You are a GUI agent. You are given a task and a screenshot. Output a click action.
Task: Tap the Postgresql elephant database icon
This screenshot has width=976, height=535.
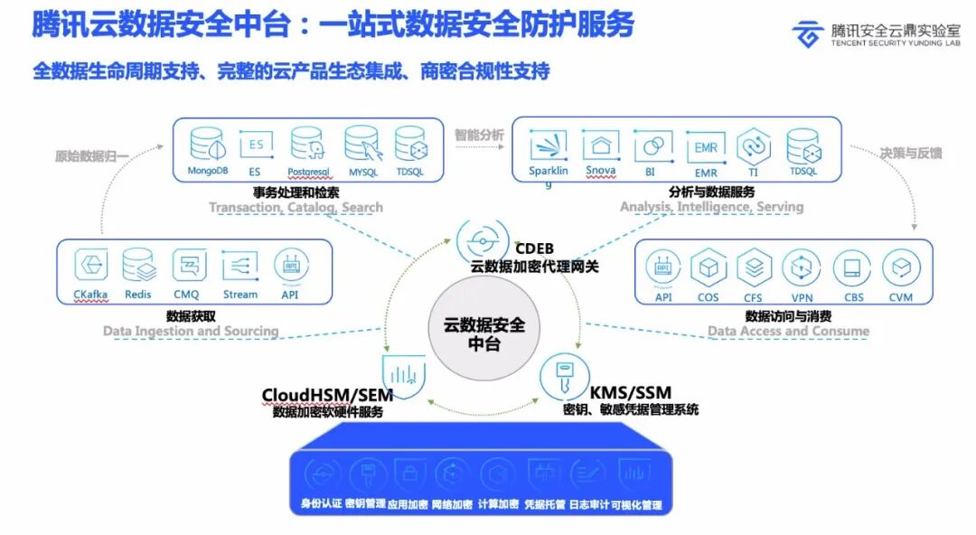point(306,145)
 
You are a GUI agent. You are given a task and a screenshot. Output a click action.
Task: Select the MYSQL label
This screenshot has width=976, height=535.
point(361,171)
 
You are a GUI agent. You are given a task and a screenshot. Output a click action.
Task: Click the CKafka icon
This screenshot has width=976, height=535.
point(90,267)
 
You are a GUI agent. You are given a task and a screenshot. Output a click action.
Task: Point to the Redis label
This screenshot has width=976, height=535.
point(139,295)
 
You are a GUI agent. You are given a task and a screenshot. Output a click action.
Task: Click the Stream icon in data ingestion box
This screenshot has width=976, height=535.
point(239,267)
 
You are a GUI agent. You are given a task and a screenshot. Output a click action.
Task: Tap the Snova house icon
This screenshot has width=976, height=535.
point(600,145)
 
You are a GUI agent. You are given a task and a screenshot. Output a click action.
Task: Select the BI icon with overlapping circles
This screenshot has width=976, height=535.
point(651,145)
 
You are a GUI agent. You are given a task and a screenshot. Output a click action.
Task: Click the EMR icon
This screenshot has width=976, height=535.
point(705,145)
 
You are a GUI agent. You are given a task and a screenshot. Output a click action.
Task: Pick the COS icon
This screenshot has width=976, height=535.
point(709,268)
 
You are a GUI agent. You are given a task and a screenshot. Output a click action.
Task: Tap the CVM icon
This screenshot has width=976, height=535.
point(900,268)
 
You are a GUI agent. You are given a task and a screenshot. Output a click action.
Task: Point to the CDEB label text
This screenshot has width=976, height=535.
point(533,248)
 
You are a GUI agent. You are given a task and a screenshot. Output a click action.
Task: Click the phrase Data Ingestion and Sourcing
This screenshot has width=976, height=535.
point(191,331)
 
